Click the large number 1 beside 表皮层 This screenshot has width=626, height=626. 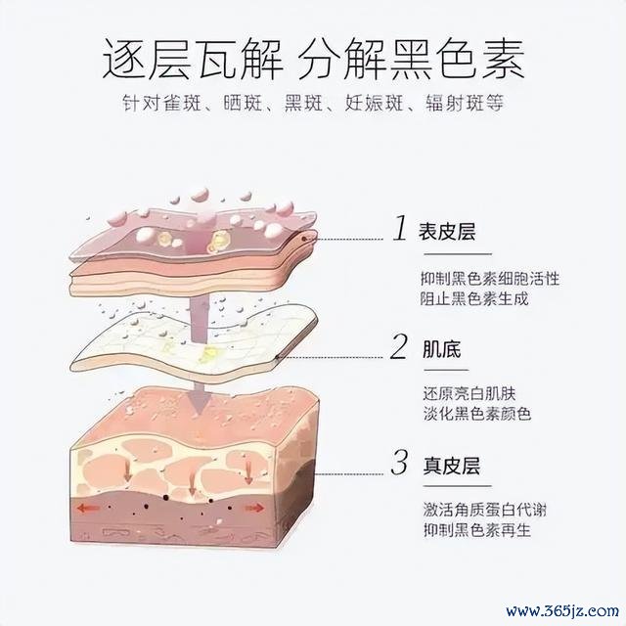pyautogui.click(x=400, y=228)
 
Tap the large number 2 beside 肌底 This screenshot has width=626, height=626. pyautogui.click(x=399, y=346)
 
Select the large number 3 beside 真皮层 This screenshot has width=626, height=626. pyautogui.click(x=399, y=463)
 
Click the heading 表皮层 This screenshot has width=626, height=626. pyautogui.click(x=447, y=231)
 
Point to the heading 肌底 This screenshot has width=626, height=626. pyautogui.click(x=442, y=349)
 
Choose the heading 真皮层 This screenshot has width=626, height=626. pyautogui.click(x=452, y=466)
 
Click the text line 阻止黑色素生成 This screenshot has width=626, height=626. pyautogui.click(x=474, y=298)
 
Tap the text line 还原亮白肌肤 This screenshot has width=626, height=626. pyautogui.click(x=469, y=393)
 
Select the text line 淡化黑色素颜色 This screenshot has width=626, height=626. pyautogui.click(x=477, y=414)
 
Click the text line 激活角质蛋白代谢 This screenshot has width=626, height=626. pyautogui.click(x=485, y=510)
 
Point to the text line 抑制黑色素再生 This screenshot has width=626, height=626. pyautogui.click(x=477, y=530)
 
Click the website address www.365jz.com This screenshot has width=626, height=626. pyautogui.click(x=562, y=611)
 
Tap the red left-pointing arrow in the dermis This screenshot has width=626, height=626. pyautogui.click(x=89, y=509)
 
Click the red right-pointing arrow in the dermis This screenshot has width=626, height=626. pyautogui.click(x=254, y=508)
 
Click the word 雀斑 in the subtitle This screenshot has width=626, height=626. pyautogui.click(x=183, y=103)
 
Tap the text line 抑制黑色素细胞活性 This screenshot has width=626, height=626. pyautogui.click(x=490, y=278)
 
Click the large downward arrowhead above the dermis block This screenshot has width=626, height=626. pyautogui.click(x=198, y=400)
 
